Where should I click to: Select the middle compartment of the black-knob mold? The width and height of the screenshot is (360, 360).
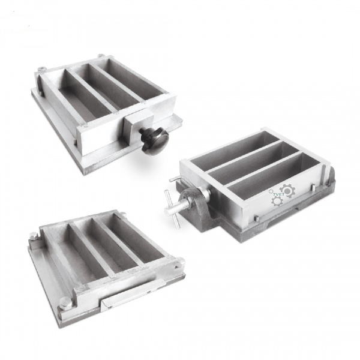click(102, 90)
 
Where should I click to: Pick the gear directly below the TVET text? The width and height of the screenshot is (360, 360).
click(277, 200)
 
